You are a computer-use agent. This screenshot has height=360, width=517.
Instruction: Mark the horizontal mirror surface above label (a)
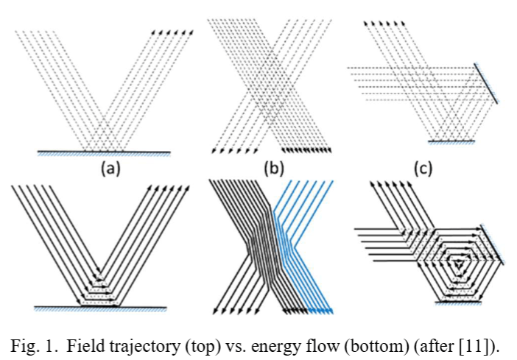click(104, 152)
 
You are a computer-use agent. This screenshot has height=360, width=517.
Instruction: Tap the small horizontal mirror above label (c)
click(451, 139)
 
